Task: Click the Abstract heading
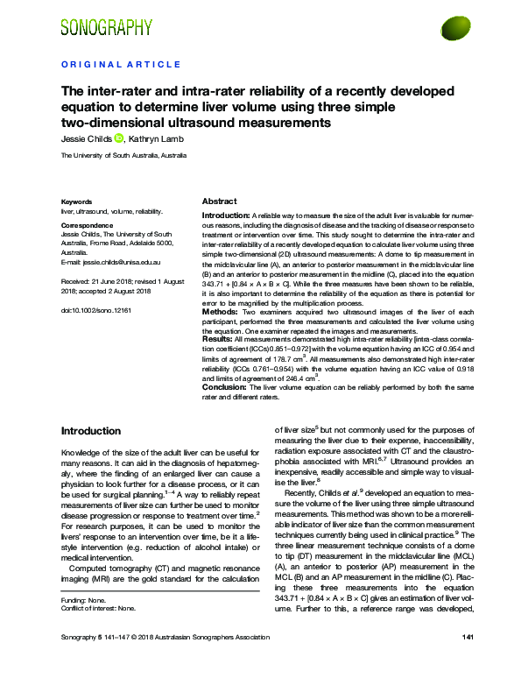click(219, 201)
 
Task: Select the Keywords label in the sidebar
click(77, 201)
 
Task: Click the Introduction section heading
click(90, 432)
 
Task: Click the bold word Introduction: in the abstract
click(226, 215)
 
